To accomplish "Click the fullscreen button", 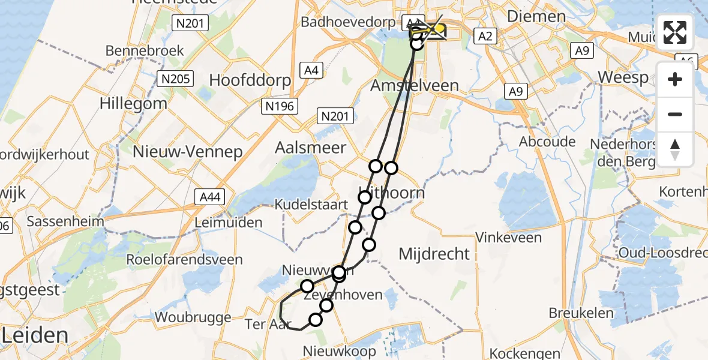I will (675, 32).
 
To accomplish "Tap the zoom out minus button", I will (675, 115).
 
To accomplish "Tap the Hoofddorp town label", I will (250, 80).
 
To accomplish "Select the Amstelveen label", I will (415, 86).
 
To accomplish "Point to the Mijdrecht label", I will (434, 254).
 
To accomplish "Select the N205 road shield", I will (175, 79).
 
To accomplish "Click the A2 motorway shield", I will (485, 37).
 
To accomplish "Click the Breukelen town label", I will (581, 313).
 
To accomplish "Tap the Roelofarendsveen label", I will (184, 260).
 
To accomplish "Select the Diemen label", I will (536, 16).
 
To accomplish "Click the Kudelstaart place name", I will (311, 205).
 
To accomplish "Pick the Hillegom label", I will (133, 103).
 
